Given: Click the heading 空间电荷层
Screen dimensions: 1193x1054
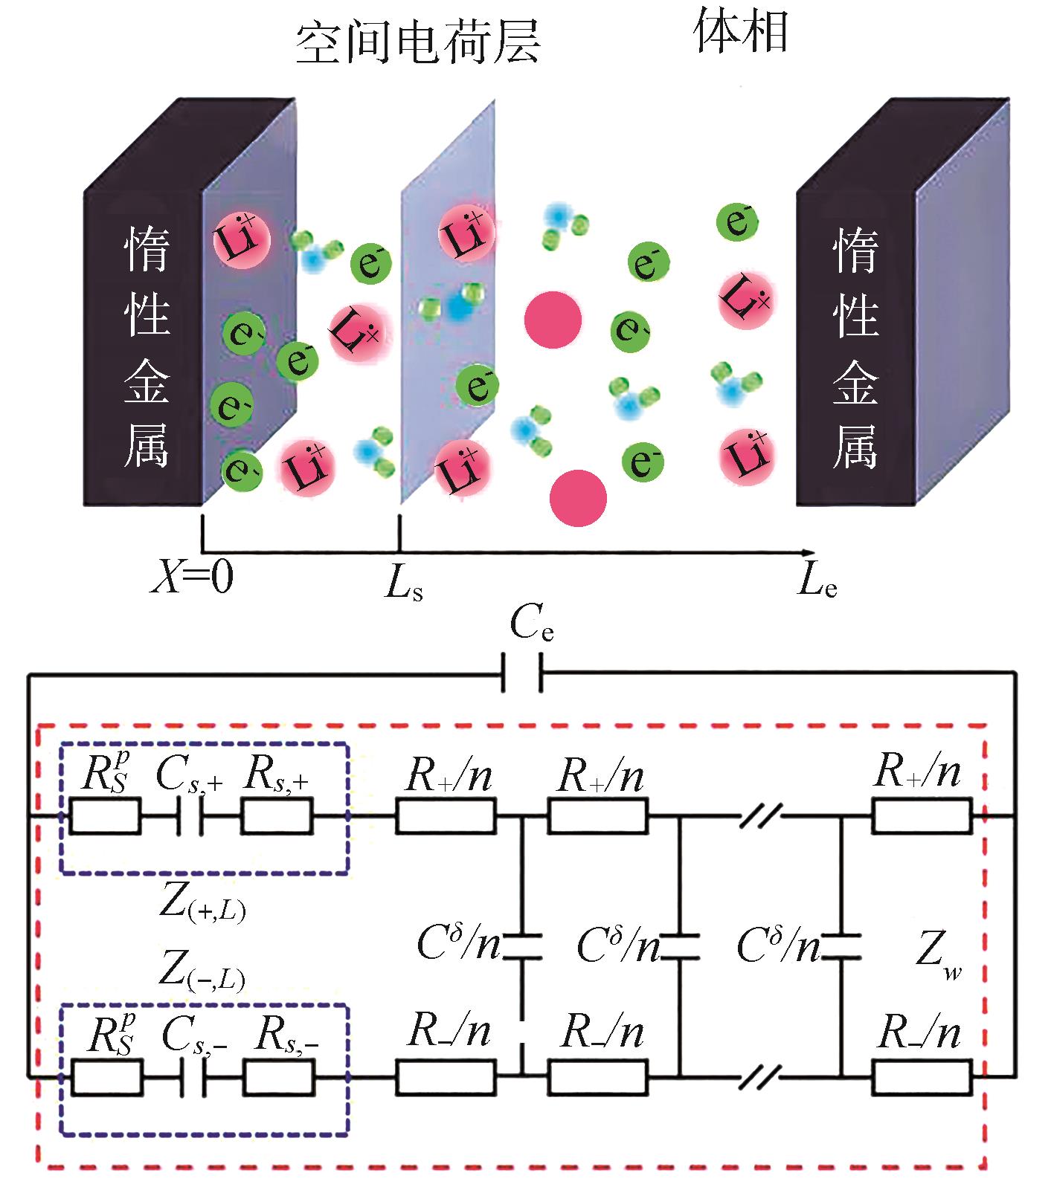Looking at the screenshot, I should [417, 43].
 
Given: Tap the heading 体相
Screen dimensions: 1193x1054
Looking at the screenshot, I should [741, 33].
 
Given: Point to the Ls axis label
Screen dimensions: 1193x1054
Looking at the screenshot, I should [404, 584].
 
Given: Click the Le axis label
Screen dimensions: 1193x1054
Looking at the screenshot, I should [817, 583].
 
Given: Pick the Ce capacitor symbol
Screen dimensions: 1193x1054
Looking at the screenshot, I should [522, 673].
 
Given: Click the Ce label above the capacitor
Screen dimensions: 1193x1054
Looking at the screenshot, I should [531, 627].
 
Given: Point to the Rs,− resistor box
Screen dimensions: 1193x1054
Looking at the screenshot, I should [277, 1076].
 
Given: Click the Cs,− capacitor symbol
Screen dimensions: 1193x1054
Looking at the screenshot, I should [193, 1076].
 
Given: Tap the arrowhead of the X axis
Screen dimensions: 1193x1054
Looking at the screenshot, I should [808, 552].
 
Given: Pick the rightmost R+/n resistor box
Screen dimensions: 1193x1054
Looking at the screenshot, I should [922, 816].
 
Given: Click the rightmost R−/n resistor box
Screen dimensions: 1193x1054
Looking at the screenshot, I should [922, 1076].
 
